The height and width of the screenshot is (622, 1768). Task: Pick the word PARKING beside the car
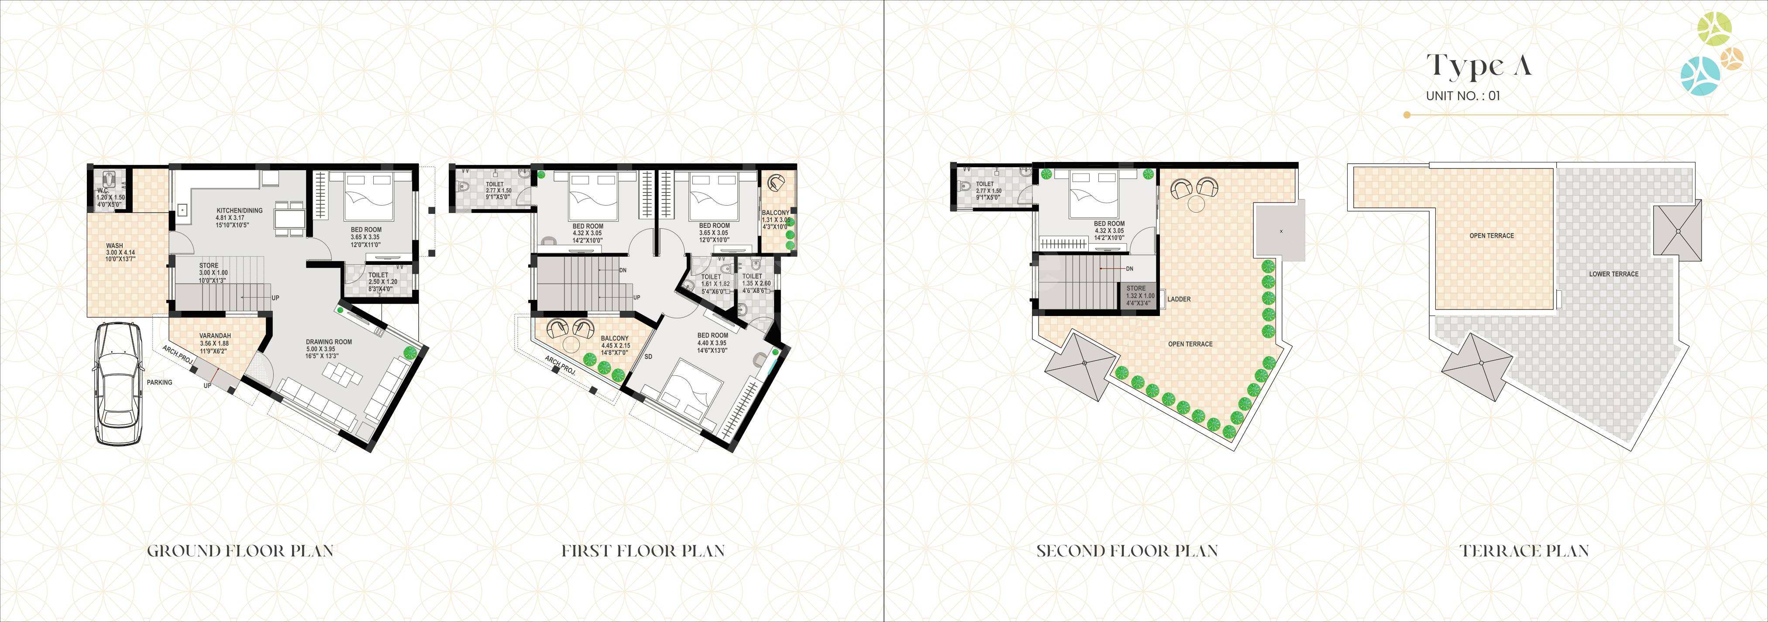(x=159, y=382)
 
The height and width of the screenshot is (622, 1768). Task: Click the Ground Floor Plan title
(x=240, y=550)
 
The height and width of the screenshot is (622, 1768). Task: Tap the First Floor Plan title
(x=643, y=550)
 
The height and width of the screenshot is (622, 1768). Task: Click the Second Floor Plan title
(x=1127, y=550)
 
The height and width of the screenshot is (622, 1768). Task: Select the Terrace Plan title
(x=1524, y=550)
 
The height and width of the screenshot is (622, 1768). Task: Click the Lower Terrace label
(x=1613, y=274)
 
